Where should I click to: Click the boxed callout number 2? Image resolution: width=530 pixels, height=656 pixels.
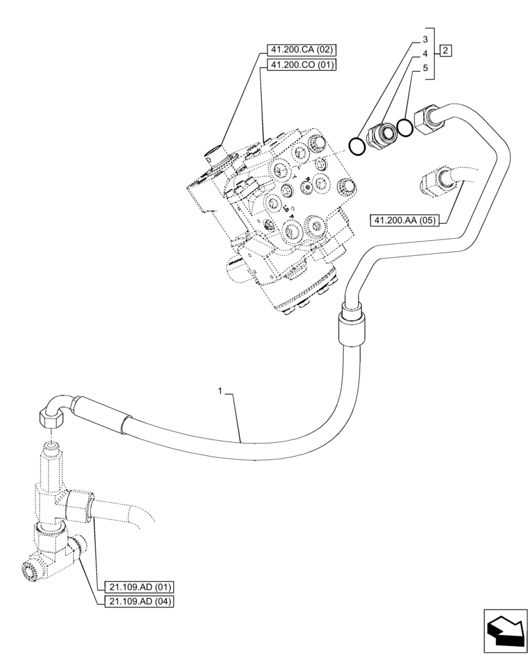coord(446,50)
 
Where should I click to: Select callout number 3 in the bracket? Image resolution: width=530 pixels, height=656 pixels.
coord(426,39)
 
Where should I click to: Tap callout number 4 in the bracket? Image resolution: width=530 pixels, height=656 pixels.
coord(426,53)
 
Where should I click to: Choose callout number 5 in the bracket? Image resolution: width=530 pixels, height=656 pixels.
coord(426,68)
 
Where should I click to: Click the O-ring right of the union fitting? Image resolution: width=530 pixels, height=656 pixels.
coord(405,129)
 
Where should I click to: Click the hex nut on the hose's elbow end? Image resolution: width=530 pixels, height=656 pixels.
coord(52,417)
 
